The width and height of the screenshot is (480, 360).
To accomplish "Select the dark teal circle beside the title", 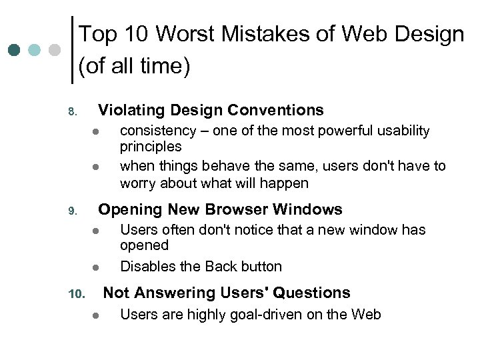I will point(14,50).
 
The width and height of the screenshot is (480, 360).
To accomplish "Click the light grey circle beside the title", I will point(55,50).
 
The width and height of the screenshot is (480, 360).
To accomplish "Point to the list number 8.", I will point(73,111).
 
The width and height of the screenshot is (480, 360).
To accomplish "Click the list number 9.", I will point(73,211).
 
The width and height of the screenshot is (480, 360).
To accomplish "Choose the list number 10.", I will point(75,294).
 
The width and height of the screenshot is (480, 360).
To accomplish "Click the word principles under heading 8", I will point(151,146).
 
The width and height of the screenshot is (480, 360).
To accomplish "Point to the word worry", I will point(139,183).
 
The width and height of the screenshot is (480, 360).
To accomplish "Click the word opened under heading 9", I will point(144,245).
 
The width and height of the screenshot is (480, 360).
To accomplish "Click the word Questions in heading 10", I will point(311,293).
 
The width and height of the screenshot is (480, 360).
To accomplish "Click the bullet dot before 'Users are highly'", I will point(95,315).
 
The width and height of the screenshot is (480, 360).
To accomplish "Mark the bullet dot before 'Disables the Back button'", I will point(95,267).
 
